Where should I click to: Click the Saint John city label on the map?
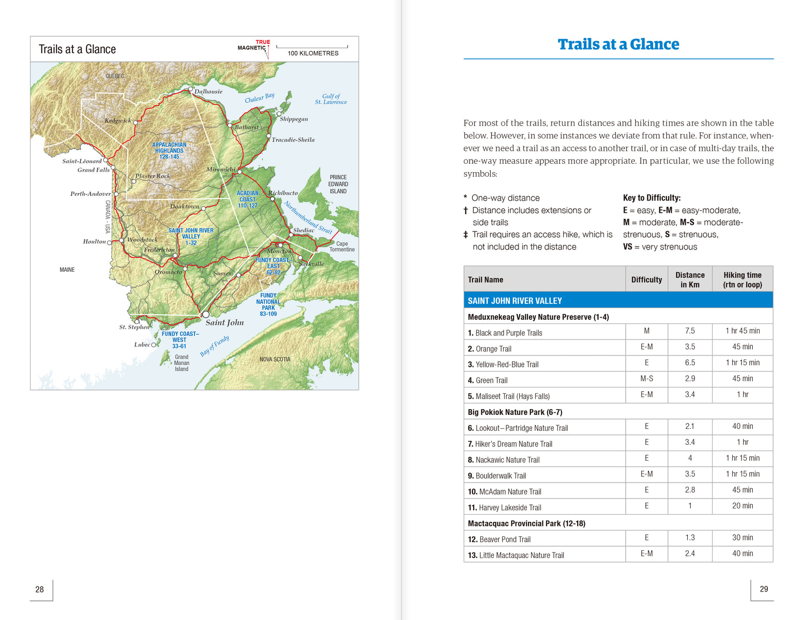click(224, 322)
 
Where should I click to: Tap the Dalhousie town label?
click(208, 91)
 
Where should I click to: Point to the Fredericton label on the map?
click(159, 250)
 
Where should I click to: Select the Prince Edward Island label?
click(338, 184)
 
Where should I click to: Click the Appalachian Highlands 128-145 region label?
click(169, 151)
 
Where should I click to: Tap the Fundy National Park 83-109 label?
click(268, 305)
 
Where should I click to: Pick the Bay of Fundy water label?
click(215, 346)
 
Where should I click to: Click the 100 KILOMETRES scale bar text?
click(313, 53)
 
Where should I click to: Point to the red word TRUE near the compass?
click(263, 42)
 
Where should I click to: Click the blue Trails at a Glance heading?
click(618, 44)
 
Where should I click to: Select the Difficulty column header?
click(646, 280)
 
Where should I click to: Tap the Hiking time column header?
click(743, 280)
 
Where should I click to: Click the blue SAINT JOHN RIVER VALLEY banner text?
click(514, 301)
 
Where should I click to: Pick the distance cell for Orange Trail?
click(690, 347)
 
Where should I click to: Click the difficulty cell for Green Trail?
click(646, 379)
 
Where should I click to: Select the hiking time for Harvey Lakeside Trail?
click(743, 506)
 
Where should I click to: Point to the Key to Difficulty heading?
click(652, 198)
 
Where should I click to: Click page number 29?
click(764, 589)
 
